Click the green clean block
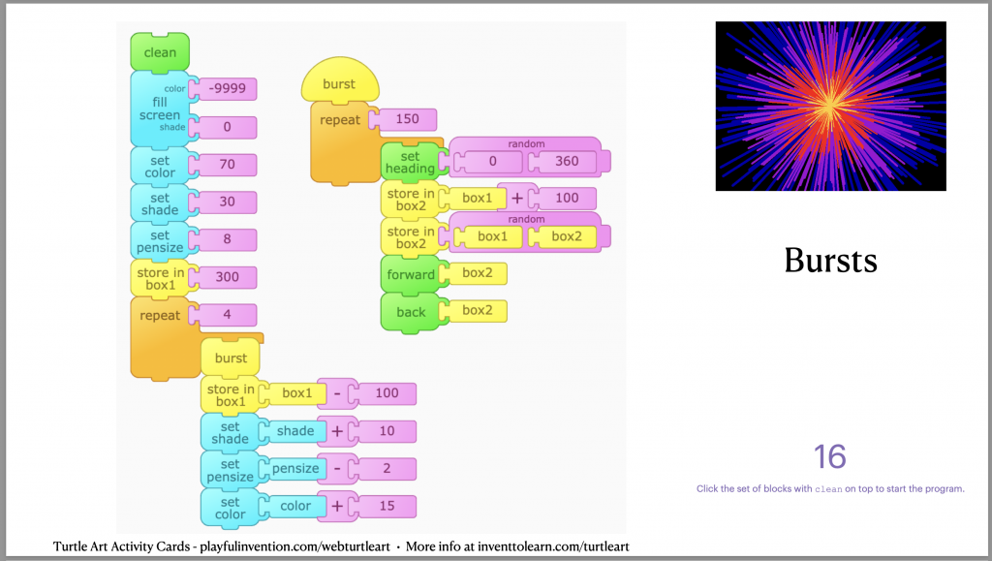pos(160,52)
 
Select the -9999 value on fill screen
pos(227,89)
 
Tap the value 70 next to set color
pos(227,165)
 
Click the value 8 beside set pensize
pos(227,239)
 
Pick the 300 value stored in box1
pos(227,277)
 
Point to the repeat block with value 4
pos(160,316)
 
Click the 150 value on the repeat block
pos(407,120)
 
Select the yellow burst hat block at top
pos(339,84)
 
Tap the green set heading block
pos(410,163)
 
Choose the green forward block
pos(411,274)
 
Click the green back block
pos(411,312)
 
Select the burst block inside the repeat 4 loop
pos(231,358)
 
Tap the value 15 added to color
pos(387,506)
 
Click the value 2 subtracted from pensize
pos(387,469)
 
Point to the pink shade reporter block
pos(294,431)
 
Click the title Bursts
pos(830,260)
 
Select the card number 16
pos(830,456)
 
